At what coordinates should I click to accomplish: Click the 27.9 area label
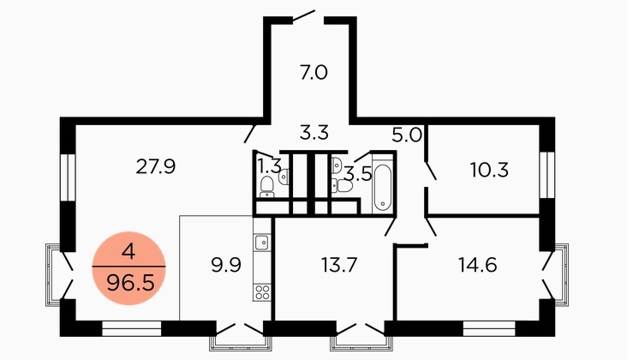(156, 166)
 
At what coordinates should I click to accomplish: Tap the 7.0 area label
(313, 73)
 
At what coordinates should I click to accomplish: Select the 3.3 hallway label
(314, 132)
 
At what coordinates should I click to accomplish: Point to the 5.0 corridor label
(407, 135)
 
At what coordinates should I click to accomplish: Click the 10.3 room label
(489, 170)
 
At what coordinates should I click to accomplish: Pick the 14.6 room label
(477, 265)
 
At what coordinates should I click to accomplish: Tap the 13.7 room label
(339, 265)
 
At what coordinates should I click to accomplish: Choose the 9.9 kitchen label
(226, 265)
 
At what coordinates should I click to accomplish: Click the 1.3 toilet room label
(269, 165)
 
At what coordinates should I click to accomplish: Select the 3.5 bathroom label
(358, 174)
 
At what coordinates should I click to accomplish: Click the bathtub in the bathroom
(383, 189)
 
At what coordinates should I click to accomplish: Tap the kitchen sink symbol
(262, 242)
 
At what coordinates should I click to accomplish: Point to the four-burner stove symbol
(262, 292)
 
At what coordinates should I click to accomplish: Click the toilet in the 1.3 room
(266, 187)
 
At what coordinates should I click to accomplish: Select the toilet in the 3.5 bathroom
(343, 186)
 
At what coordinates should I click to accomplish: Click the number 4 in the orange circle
(128, 252)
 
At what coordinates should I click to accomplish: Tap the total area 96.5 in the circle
(130, 284)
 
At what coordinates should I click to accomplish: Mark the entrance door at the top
(303, 15)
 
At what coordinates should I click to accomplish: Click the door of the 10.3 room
(431, 171)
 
